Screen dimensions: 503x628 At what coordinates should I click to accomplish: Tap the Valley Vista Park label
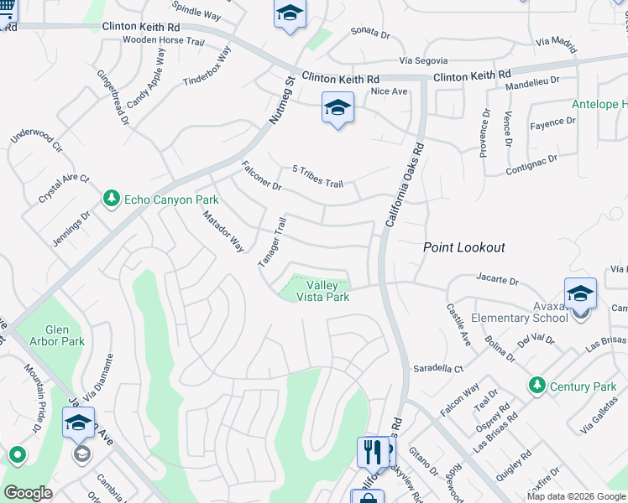(322, 291)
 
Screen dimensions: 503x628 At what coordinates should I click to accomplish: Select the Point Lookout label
(463, 247)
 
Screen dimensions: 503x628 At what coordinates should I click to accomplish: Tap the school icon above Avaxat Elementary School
(580, 293)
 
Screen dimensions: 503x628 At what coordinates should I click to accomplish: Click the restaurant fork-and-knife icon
(373, 452)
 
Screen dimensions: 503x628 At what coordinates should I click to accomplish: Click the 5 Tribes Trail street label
(317, 177)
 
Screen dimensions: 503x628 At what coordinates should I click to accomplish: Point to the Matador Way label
(222, 231)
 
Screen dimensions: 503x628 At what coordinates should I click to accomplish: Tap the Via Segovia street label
(423, 61)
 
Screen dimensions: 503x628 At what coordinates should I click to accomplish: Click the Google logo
(28, 493)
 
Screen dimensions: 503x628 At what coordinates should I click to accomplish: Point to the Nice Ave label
(388, 91)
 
